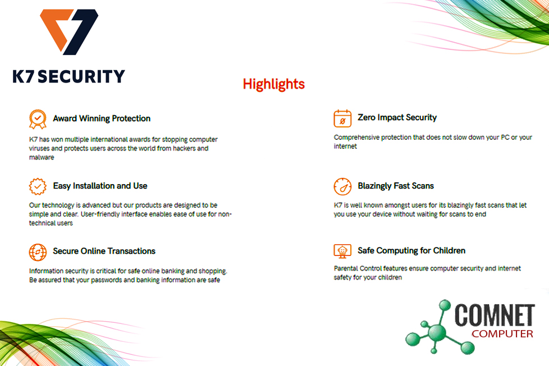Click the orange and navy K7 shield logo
tap(69, 31)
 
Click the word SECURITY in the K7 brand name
tap(81, 76)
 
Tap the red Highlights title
tap(274, 84)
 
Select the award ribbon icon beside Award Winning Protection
tap(38, 119)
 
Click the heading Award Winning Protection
tap(102, 118)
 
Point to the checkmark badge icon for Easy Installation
tap(38, 186)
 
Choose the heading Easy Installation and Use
tap(100, 186)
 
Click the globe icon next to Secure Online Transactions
tap(38, 252)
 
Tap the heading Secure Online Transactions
tap(104, 251)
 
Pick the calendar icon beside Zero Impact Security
tap(342, 118)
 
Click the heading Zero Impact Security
tap(397, 117)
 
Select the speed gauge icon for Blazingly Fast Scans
tap(342, 186)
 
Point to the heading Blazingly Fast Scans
tap(396, 186)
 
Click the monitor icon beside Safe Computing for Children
tap(342, 251)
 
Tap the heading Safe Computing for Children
tap(411, 250)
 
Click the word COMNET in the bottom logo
tap(495, 315)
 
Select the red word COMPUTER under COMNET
tap(502, 334)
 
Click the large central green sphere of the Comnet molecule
tap(436, 332)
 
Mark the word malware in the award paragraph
tap(42, 157)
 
